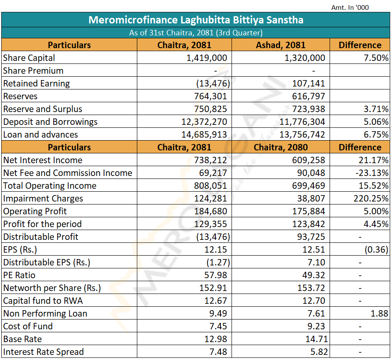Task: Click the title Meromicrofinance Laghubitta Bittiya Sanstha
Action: point(196,20)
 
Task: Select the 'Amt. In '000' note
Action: point(350,7)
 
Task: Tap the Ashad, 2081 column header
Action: point(281,45)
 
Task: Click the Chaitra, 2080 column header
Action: point(281,147)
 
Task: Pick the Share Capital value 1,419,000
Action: point(207,58)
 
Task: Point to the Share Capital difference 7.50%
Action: point(376,58)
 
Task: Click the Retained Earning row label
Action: point(37,84)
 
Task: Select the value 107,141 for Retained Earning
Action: point(308,84)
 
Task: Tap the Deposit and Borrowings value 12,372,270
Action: point(204,122)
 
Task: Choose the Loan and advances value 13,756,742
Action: point(302,135)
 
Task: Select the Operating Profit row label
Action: point(35,211)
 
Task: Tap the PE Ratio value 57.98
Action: point(216,275)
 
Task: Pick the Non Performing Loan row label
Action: point(45,314)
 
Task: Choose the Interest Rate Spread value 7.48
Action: point(218,352)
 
